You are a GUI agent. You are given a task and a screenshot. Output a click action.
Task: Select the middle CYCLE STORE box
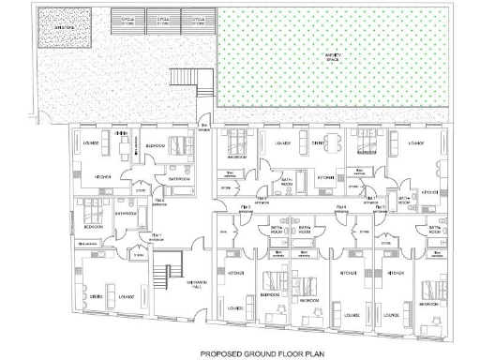click(164, 20)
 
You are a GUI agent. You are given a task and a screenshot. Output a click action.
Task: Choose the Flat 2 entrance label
click(160, 201)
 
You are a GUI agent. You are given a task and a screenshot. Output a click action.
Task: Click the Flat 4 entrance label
click(342, 208)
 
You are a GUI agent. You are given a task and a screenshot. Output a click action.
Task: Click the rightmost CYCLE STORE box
click(195, 20)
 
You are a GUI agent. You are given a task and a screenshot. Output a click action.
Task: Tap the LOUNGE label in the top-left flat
click(93, 144)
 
